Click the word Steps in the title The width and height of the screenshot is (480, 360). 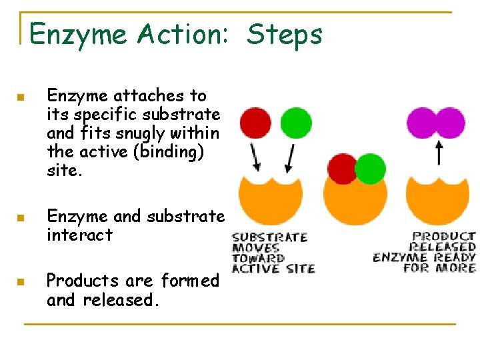coord(285,34)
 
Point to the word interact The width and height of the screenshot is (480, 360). coord(79,235)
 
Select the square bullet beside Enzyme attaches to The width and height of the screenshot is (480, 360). coord(21,98)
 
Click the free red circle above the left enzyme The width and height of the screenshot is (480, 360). coord(255,123)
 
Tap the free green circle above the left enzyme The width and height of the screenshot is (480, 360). coord(295,123)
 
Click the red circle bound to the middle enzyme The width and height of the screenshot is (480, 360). coord(343,169)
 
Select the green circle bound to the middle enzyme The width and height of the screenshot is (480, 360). coord(370,169)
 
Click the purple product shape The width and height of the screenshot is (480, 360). coord(436,123)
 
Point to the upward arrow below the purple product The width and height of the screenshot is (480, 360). coord(438,152)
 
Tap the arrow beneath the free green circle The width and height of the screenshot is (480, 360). coord(290,157)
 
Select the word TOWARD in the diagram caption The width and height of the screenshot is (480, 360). coord(258,258)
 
